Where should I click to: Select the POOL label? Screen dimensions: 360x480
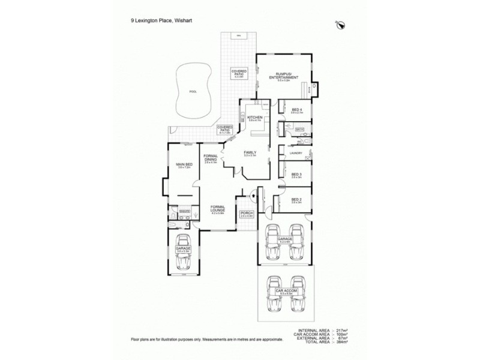[193, 92]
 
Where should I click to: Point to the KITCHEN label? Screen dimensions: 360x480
[255, 118]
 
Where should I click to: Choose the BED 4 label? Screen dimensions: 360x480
[296, 110]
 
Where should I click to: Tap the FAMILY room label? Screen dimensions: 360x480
[250, 152]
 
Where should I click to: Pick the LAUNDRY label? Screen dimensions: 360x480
[295, 154]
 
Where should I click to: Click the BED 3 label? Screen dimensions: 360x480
[296, 175]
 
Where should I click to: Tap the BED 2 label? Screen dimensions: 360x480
[295, 200]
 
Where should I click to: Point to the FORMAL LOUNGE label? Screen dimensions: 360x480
[217, 209]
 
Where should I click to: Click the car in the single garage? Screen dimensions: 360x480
[184, 258]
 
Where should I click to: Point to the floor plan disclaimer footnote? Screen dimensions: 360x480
[206, 340]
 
